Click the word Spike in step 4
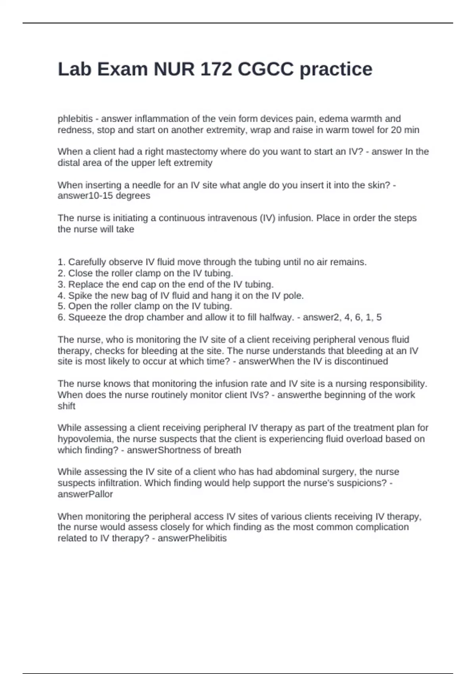click(x=78, y=296)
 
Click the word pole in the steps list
click(x=293, y=296)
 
